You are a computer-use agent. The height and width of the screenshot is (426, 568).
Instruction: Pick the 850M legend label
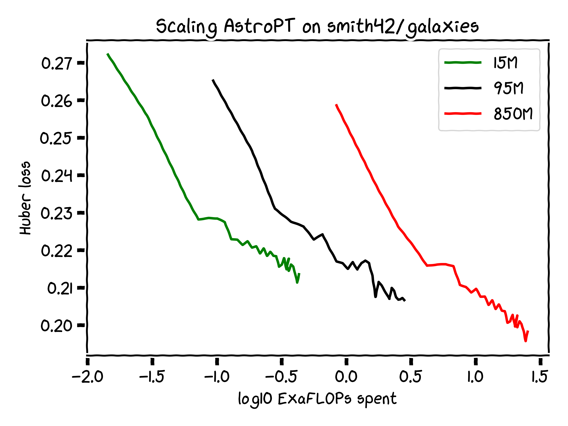point(513,114)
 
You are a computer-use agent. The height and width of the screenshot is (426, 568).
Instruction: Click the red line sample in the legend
point(463,113)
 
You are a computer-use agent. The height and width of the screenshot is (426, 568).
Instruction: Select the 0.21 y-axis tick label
point(60,288)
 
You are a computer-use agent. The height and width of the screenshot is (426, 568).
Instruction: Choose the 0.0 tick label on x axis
point(346,377)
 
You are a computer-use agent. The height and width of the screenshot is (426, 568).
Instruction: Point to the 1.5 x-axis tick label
point(539,377)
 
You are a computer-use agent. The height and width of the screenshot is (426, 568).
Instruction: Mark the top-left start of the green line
point(108,54)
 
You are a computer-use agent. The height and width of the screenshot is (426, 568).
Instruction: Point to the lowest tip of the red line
point(526,341)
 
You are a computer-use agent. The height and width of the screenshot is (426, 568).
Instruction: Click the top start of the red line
point(336,105)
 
